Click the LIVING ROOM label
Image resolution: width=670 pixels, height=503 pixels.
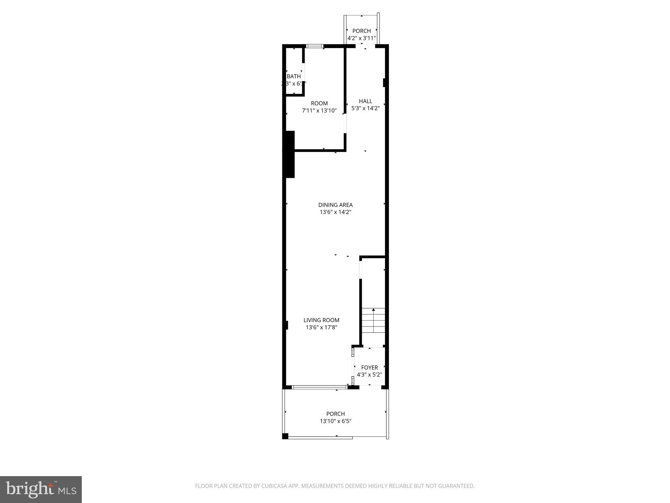pos(321,320)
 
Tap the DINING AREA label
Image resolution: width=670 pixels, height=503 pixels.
pos(335,205)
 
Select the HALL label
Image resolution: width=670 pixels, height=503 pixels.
pos(365,101)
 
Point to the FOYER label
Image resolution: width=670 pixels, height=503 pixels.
pos(369,367)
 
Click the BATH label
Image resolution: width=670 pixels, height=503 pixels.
pos(294,76)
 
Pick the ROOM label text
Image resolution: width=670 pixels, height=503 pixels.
pos(319,103)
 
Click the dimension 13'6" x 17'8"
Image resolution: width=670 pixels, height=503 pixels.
pos(321,327)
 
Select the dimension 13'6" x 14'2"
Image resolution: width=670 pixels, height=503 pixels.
pos(335,212)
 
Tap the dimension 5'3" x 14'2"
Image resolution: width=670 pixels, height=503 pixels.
pos(365,108)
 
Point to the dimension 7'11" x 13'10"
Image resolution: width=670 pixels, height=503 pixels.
pos(319,111)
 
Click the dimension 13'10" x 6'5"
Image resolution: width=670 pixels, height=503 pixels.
pos(335,421)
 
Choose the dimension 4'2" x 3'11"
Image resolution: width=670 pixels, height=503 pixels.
pos(361,38)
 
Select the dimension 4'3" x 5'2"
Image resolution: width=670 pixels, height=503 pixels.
pos(369,375)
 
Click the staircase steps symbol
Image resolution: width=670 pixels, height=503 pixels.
pos(373,321)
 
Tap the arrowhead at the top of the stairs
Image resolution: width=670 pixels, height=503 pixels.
pos(373,309)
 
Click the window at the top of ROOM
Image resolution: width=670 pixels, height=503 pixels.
pos(315,46)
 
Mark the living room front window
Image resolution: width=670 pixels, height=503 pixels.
pos(319,387)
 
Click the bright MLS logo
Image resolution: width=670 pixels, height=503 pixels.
pos(41,489)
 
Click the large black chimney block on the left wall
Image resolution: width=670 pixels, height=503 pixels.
pos(290,154)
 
